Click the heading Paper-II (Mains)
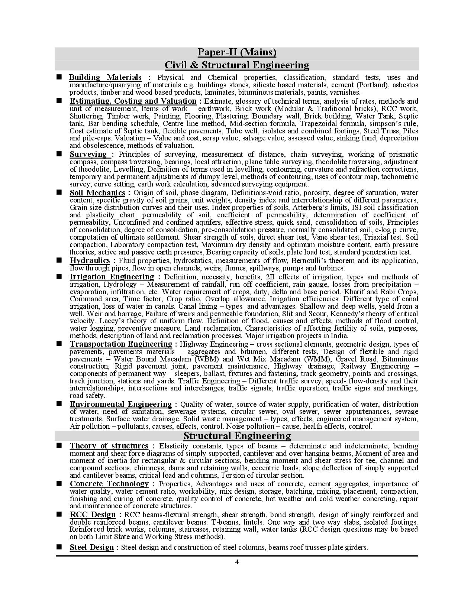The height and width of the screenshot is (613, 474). pyautogui.click(x=237, y=52)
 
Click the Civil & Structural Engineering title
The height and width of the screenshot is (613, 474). pyautogui.click(x=237, y=65)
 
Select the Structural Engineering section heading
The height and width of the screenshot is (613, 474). pyautogui.click(x=237, y=435)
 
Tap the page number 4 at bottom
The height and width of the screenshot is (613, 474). pyautogui.click(x=237, y=562)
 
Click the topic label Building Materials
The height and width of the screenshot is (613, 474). pyautogui.click(x=105, y=77)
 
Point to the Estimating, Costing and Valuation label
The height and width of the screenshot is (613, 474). pyautogui.click(x=133, y=101)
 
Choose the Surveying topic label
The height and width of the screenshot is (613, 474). pyautogui.click(x=88, y=154)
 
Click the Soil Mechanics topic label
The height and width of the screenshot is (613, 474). pyautogui.click(x=97, y=192)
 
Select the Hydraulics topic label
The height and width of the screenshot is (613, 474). pyautogui.click(x=90, y=260)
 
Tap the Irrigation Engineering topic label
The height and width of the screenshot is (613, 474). pyautogui.click(x=112, y=277)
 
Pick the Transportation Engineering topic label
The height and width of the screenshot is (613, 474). pyautogui.click(x=121, y=344)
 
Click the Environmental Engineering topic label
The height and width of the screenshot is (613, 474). pyautogui.click(x=121, y=404)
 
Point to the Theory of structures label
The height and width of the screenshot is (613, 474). pyautogui.click(x=109, y=446)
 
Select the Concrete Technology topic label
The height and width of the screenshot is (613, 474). pyautogui.click(x=109, y=484)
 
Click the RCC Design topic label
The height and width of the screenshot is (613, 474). pyautogui.click(x=93, y=515)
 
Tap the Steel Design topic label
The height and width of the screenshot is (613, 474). pyautogui.click(x=92, y=547)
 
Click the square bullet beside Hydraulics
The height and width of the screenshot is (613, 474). pyautogui.click(x=59, y=260)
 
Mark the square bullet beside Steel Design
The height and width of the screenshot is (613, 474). pyautogui.click(x=59, y=547)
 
